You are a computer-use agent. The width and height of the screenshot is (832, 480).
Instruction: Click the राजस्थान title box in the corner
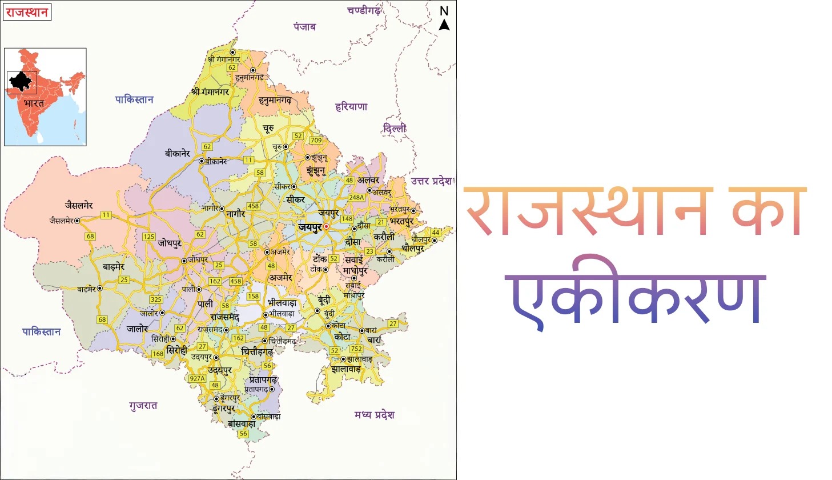click(27, 12)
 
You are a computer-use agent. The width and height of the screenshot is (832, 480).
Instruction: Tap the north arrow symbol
click(444, 24)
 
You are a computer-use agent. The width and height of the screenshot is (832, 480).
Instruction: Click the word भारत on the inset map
click(34, 103)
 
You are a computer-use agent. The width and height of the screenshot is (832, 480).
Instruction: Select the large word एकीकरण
click(636, 297)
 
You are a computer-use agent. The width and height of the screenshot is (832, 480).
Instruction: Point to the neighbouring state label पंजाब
click(304, 27)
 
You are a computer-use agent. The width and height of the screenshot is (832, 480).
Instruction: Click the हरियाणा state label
click(351, 107)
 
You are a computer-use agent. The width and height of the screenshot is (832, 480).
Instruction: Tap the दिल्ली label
click(395, 129)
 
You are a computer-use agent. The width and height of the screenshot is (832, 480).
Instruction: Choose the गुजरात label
click(143, 406)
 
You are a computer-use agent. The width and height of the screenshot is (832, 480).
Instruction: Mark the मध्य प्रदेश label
click(374, 415)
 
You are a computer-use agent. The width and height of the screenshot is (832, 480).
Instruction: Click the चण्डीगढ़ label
click(364, 10)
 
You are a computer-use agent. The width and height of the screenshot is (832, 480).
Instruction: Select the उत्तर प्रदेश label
click(431, 181)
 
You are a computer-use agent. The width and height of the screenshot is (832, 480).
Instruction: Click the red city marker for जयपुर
click(326, 227)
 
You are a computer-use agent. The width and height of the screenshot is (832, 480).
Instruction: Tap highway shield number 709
click(316, 140)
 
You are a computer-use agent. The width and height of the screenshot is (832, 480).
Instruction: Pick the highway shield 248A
click(356, 198)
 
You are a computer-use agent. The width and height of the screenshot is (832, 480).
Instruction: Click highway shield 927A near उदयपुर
click(197, 378)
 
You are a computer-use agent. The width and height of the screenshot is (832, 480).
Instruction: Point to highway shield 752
click(356, 349)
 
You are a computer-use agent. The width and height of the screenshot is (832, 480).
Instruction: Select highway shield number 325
click(156, 299)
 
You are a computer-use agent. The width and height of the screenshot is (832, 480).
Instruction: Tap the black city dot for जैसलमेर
click(77, 221)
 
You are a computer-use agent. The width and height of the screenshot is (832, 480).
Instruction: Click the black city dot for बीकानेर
click(201, 161)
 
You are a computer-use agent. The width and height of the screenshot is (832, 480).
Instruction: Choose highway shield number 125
click(148, 237)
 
